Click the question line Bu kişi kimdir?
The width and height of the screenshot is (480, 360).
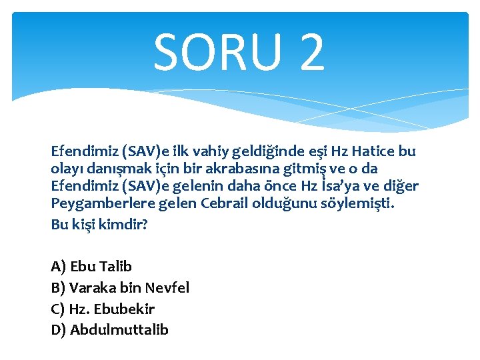pyautogui.click(x=99, y=225)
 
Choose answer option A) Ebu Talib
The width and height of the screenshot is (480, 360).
pyautogui.click(x=91, y=267)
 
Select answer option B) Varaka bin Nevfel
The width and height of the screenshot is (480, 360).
pyautogui.click(x=120, y=288)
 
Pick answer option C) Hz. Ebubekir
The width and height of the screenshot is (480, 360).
pyautogui.click(x=103, y=309)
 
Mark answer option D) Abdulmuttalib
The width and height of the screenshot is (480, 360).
pyautogui.click(x=109, y=330)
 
